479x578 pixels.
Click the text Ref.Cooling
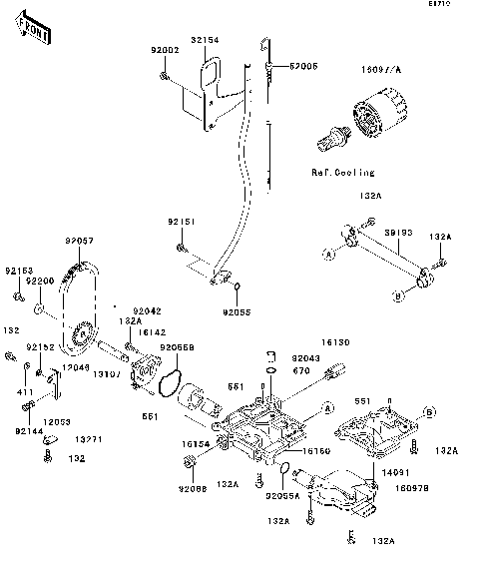tap(341, 172)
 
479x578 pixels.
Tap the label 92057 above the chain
tap(79, 241)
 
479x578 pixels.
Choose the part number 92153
tap(18, 271)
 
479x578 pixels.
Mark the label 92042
tap(147, 310)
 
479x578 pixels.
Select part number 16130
tap(334, 341)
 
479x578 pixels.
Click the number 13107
tap(108, 374)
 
